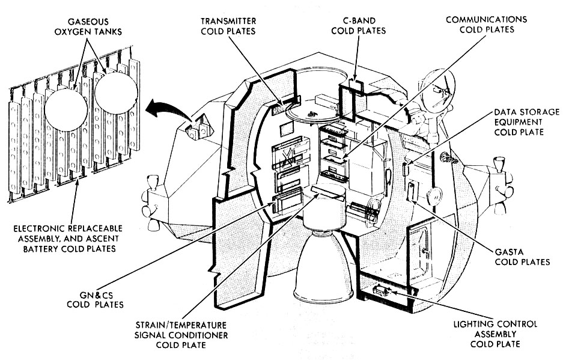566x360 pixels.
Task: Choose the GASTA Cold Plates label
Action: point(522,257)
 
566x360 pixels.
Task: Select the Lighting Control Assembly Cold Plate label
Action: point(495,334)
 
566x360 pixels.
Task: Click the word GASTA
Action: point(522,251)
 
